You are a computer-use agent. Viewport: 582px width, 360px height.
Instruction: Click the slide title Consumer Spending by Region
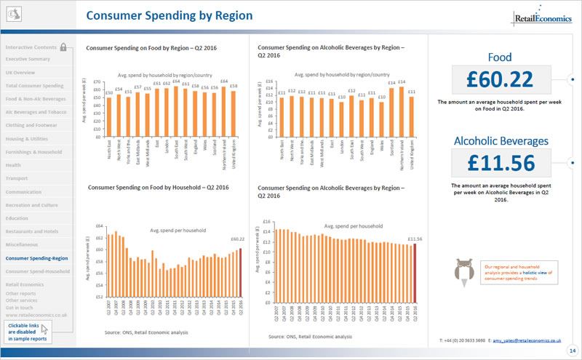pos(169,15)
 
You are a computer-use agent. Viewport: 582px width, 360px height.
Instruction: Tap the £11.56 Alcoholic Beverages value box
pos(501,163)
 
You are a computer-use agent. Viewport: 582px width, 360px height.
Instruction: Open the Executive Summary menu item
pos(28,59)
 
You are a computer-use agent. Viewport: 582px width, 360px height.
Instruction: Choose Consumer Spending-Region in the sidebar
pos(36,257)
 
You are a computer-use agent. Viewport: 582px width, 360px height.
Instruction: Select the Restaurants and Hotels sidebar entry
pos(33,231)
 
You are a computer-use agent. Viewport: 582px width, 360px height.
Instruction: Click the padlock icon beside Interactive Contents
pos(64,47)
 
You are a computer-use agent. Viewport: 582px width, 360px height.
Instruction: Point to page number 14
pos(573,351)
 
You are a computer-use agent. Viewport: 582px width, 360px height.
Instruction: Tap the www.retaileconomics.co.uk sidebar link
pos(36,315)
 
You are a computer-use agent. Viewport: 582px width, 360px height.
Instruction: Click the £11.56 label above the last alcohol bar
pos(415,239)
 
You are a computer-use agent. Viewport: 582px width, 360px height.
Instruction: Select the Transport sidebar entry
pos(17,178)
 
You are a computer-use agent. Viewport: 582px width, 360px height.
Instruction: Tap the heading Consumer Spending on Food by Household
pos(157,187)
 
